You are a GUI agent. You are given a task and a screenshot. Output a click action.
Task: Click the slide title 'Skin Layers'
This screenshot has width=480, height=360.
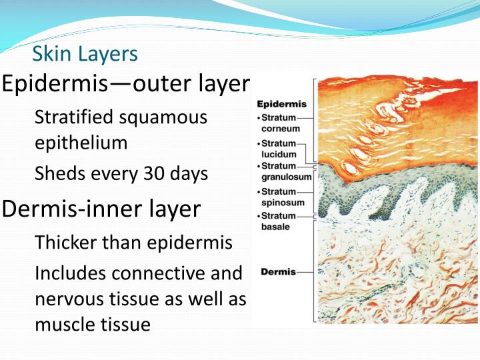pyautogui.click(x=85, y=53)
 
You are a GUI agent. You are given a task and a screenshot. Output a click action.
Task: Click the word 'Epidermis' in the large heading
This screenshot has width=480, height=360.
pyautogui.click(x=55, y=85)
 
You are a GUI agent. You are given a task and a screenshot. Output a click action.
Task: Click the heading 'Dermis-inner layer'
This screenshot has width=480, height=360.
pyautogui.click(x=101, y=209)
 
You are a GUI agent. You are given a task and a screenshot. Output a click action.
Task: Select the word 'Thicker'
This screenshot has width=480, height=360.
pyautogui.click(x=62, y=242)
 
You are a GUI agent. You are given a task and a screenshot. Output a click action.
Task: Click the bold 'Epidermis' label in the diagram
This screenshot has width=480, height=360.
pyautogui.click(x=281, y=104)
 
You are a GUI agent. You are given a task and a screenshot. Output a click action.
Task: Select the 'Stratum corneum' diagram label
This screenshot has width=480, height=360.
pyautogui.click(x=279, y=123)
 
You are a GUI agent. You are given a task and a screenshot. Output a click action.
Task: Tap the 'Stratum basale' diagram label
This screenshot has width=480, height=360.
pyautogui.click(x=277, y=221)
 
